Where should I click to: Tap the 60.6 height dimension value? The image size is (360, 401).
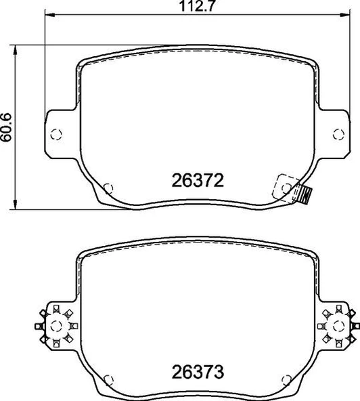pyautogui.click(x=7, y=127)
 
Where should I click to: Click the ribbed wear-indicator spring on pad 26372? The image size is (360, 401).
pyautogui.click(x=304, y=195)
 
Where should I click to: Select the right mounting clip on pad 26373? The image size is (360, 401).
pyautogui.click(x=337, y=324)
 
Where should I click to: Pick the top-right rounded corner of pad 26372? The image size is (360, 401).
pyautogui.click(x=314, y=63)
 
